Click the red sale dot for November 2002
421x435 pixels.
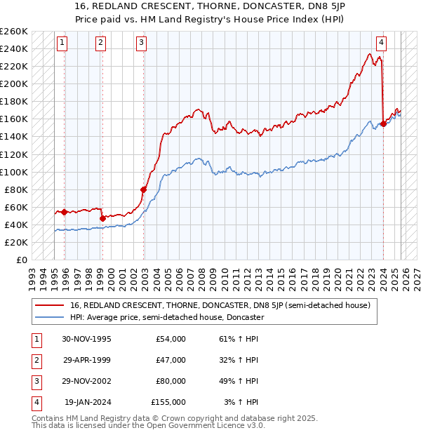click(144, 189)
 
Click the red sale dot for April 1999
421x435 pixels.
click(102, 218)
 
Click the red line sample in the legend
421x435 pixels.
click(49, 305)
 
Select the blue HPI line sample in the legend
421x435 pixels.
click(49, 317)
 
